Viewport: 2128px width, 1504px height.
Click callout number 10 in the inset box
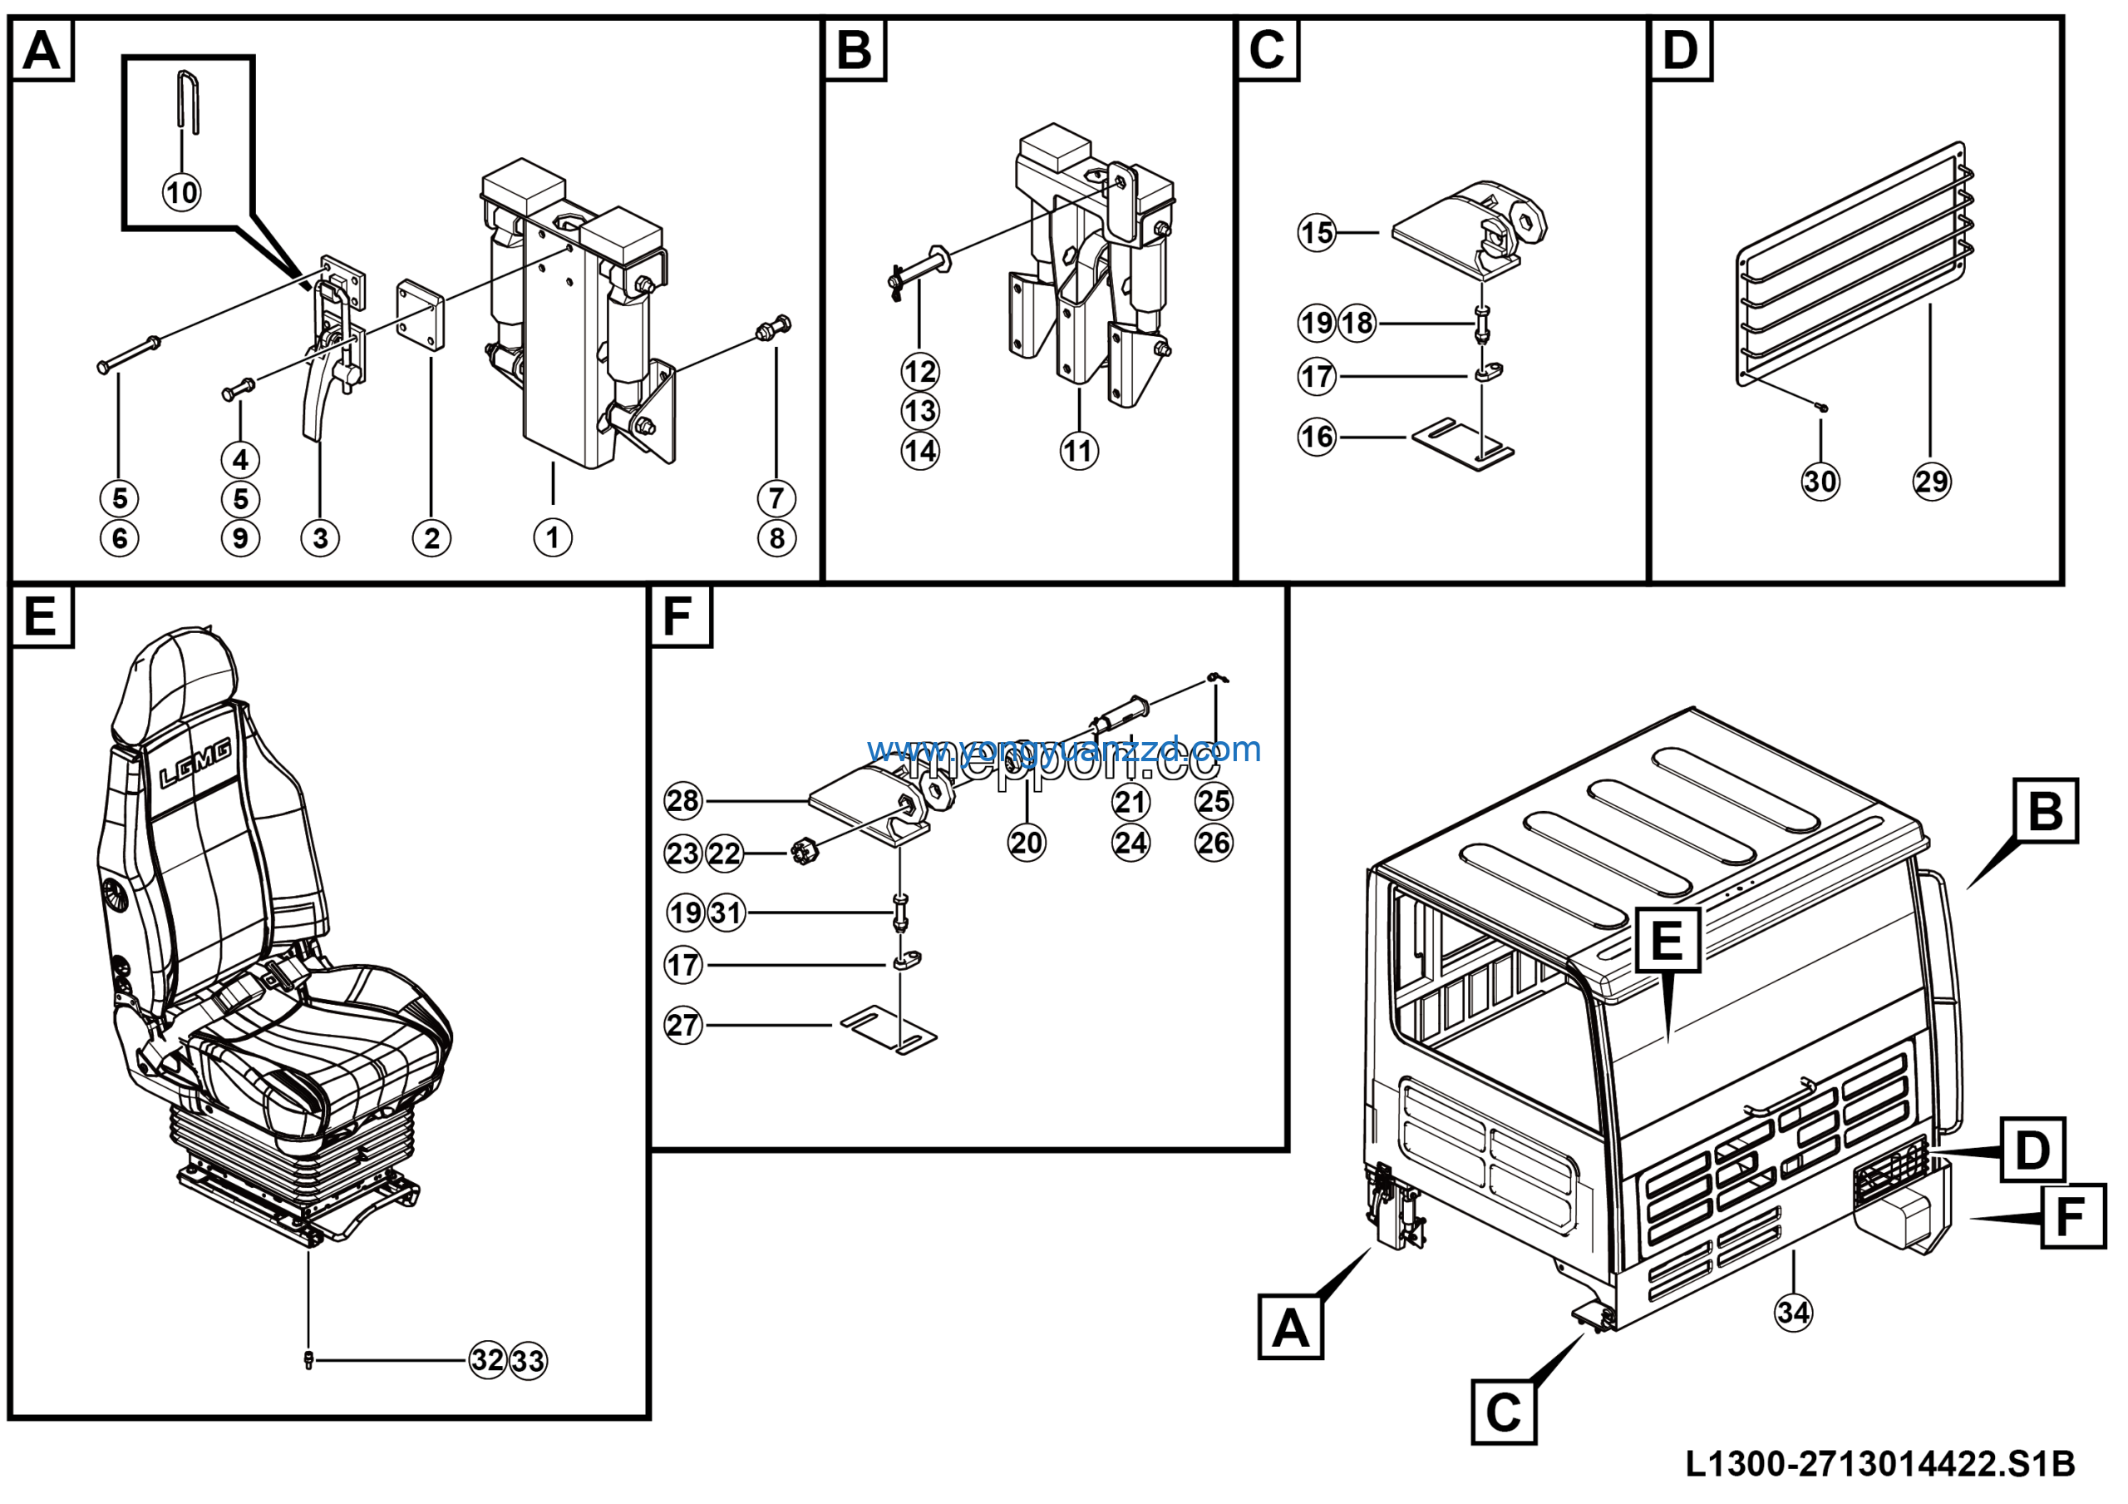(x=182, y=192)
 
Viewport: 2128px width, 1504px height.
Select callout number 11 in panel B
(x=1079, y=452)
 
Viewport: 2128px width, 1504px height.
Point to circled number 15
(x=1316, y=232)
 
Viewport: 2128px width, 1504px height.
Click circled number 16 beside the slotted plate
(x=1316, y=436)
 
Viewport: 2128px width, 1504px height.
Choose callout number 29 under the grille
(x=1932, y=482)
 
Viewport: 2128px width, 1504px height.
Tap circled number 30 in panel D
(x=1820, y=482)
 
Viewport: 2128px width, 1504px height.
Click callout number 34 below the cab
(x=1792, y=1312)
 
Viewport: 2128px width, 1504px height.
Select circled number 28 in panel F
(x=683, y=800)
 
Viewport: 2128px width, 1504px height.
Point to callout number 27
(x=683, y=1026)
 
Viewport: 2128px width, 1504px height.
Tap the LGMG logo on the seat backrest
(x=195, y=765)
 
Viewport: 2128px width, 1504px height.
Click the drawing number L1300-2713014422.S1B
(x=1879, y=1464)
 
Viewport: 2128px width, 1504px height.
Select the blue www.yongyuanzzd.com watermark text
(x=1064, y=750)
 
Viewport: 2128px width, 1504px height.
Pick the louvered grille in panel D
(x=1854, y=265)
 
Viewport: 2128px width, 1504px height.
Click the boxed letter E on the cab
(x=1667, y=940)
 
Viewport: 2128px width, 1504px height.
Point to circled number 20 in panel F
(x=1026, y=843)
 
